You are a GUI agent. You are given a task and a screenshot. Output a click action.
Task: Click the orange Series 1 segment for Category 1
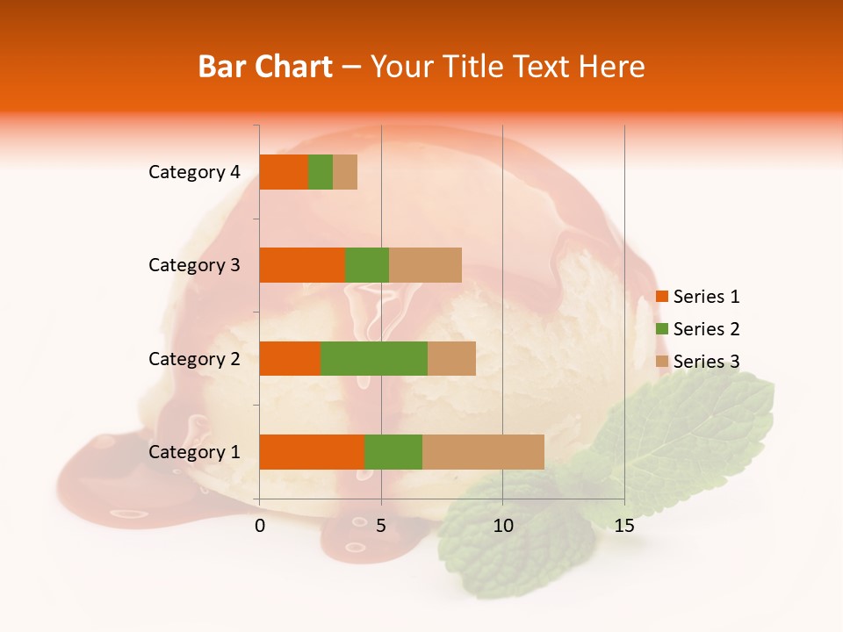click(x=312, y=452)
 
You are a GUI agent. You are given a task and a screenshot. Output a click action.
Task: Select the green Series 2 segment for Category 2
click(x=374, y=358)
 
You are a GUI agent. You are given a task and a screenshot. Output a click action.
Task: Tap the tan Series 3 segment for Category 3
click(x=425, y=265)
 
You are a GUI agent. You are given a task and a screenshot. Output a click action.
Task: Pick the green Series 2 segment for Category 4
click(x=321, y=172)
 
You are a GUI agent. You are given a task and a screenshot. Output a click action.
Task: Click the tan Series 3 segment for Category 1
click(x=483, y=452)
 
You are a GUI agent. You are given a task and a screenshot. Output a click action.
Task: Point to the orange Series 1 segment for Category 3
click(x=302, y=265)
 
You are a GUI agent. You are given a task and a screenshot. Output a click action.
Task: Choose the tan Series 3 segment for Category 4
click(x=345, y=172)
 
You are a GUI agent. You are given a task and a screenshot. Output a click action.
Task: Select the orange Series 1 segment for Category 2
click(x=290, y=358)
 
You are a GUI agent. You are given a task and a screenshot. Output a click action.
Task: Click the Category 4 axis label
click(x=194, y=172)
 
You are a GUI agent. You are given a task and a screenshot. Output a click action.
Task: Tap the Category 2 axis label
click(x=194, y=358)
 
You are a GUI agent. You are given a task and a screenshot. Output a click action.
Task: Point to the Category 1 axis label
click(x=194, y=452)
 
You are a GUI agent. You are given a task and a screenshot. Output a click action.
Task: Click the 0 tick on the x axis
click(x=260, y=526)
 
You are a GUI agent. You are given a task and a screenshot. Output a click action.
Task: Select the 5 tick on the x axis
click(x=381, y=526)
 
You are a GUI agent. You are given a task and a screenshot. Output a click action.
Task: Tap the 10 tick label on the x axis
click(x=502, y=526)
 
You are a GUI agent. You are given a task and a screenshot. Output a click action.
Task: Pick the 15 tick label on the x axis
click(x=624, y=526)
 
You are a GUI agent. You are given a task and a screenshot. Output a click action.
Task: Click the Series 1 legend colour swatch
click(x=662, y=297)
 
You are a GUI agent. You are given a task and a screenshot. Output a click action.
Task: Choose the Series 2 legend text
click(x=706, y=329)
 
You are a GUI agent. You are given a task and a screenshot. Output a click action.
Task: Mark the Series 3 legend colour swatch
click(x=662, y=362)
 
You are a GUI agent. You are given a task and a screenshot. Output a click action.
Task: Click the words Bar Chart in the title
click(x=265, y=67)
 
